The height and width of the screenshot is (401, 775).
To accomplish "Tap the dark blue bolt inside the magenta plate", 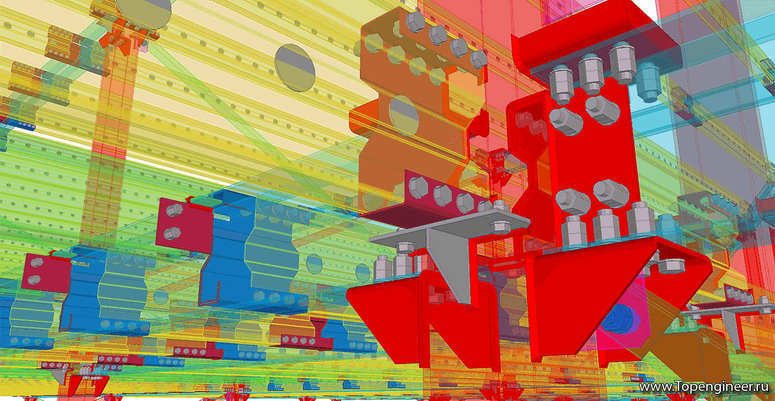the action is (617, 321).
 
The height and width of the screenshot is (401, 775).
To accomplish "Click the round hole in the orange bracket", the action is (404, 116).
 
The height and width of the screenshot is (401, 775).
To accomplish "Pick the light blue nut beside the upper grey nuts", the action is (649, 82).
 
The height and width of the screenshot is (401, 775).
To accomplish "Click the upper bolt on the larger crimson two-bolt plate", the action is (174, 210).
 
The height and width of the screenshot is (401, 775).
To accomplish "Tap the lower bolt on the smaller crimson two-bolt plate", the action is (33, 279).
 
